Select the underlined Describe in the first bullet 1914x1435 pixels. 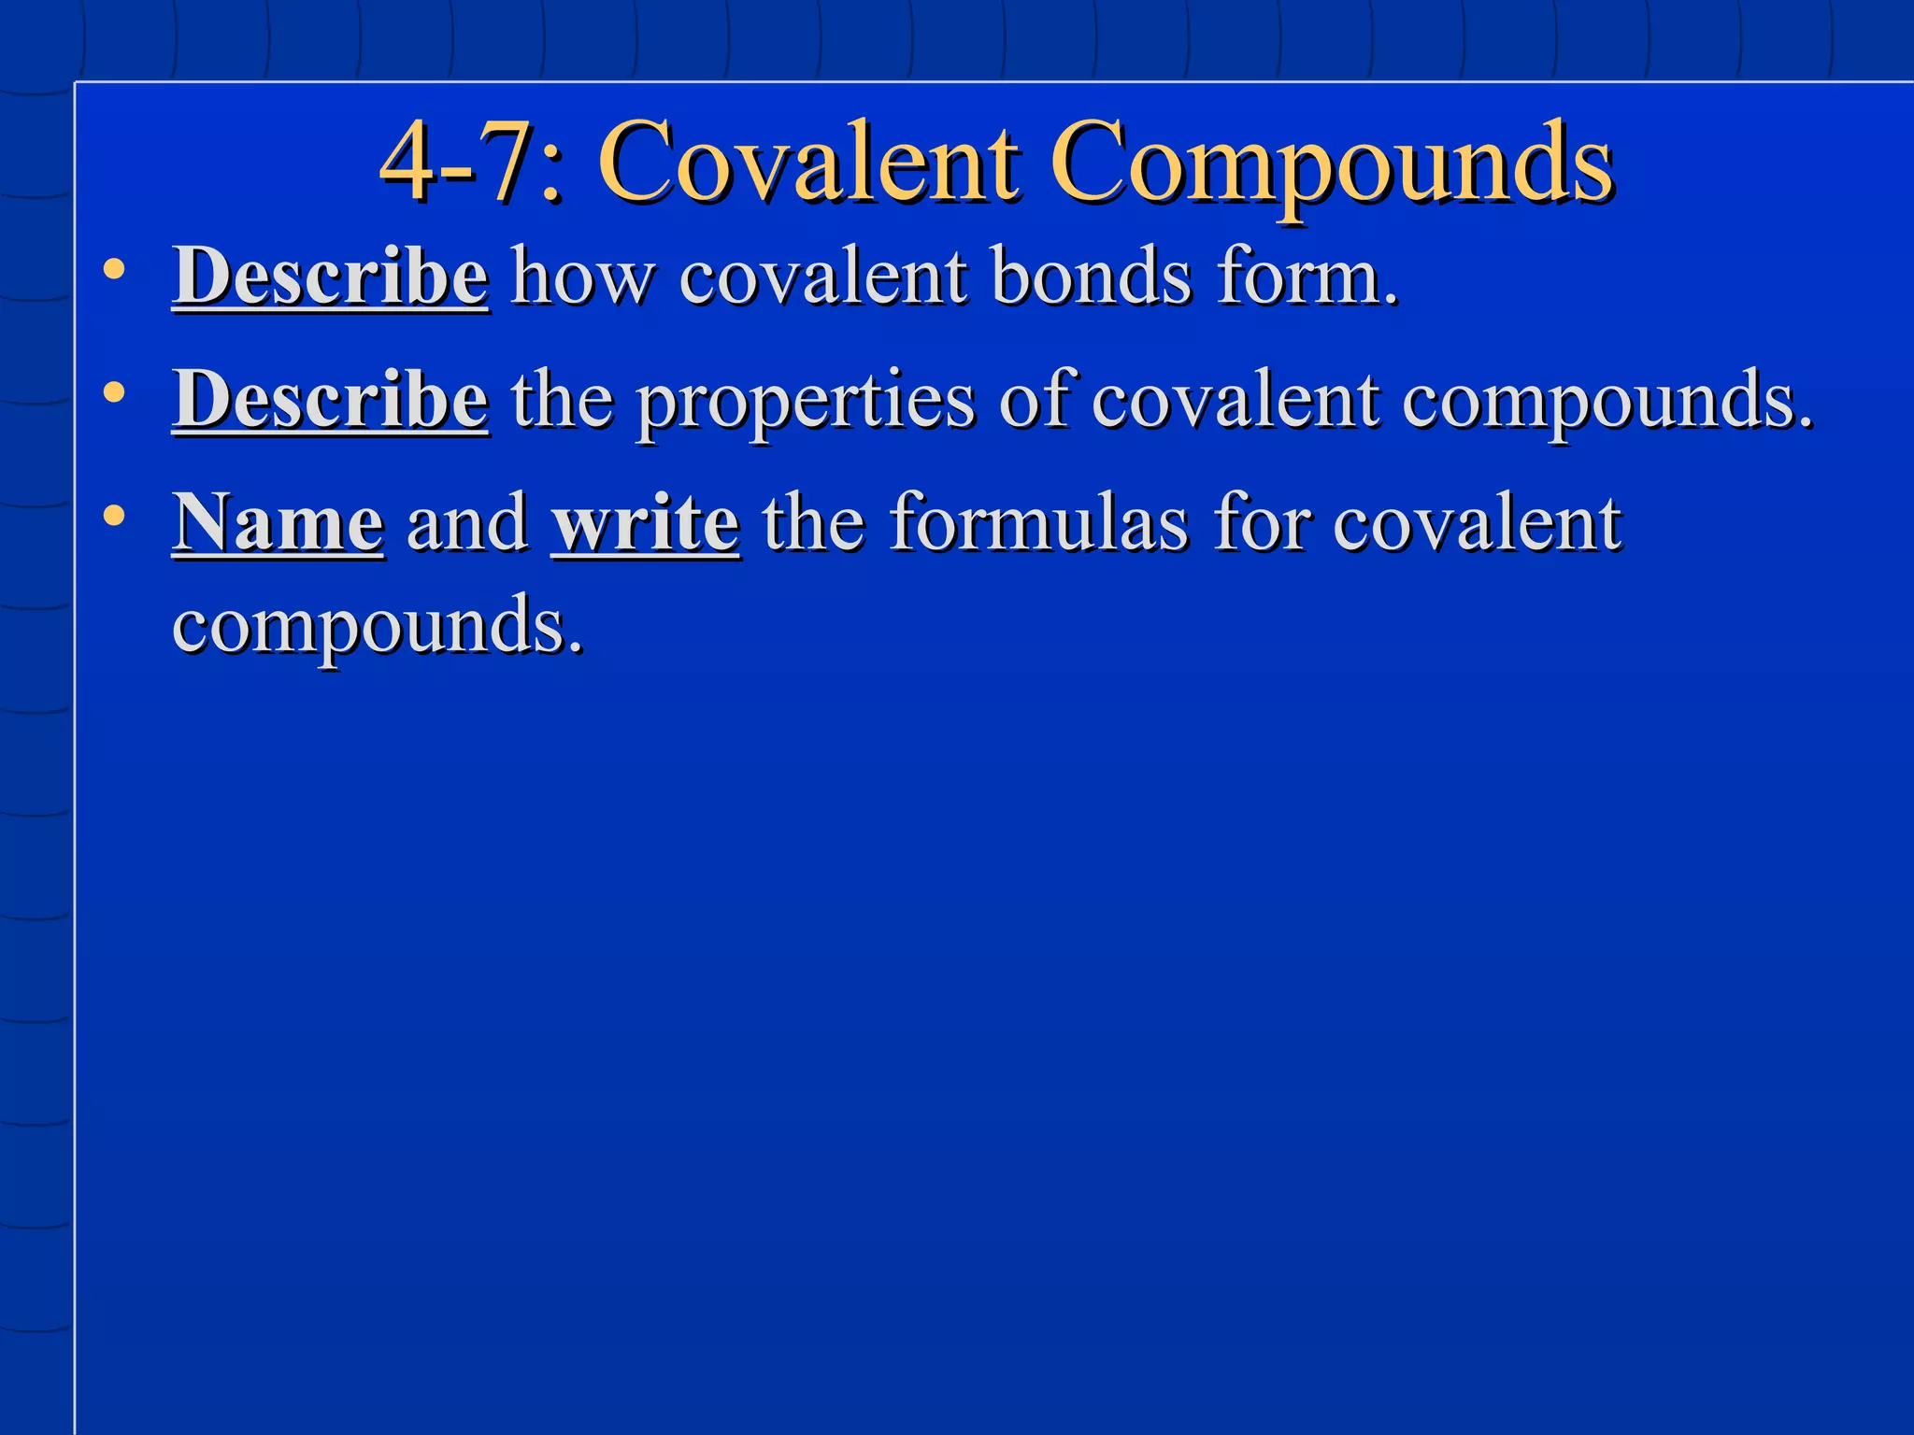[330, 277]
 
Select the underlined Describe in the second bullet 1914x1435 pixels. [330, 400]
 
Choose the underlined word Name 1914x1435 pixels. [278, 522]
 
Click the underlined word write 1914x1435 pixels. [646, 522]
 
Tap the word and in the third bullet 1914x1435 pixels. [467, 522]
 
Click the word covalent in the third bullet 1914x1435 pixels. [1477, 522]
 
